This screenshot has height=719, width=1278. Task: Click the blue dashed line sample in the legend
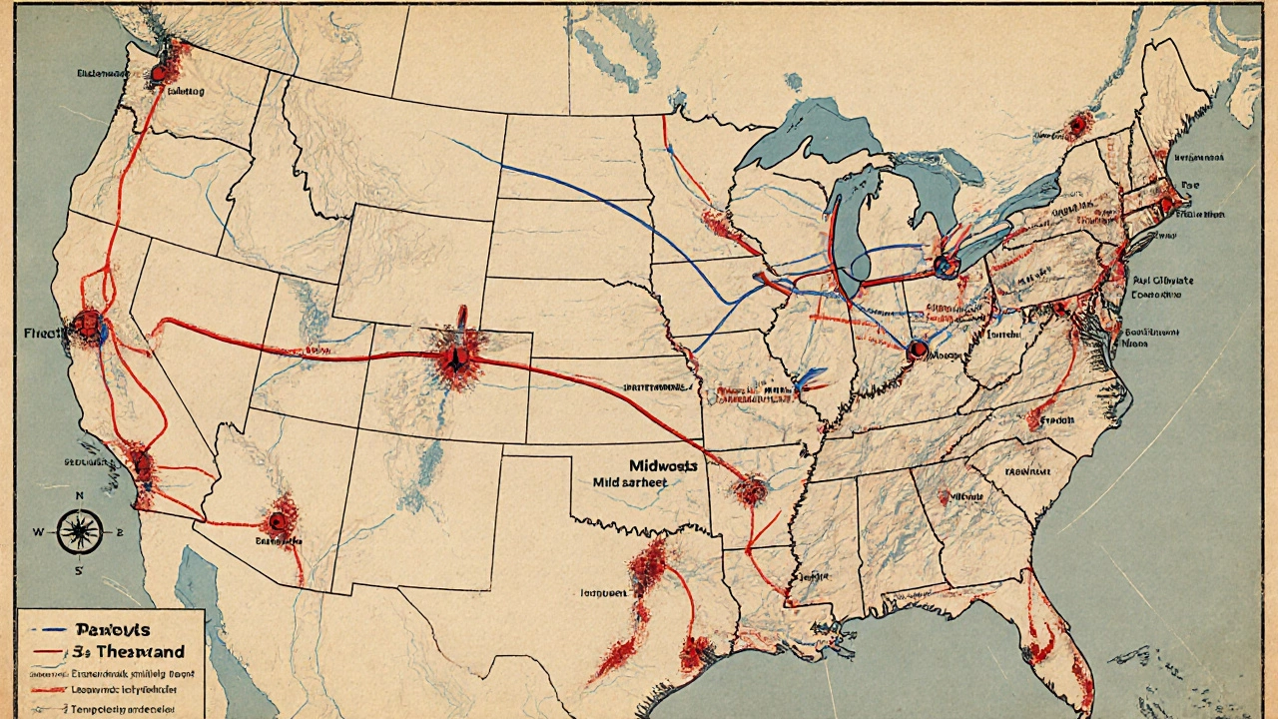point(46,631)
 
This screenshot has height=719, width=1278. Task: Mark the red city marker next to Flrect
point(88,325)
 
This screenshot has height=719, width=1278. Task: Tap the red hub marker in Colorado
point(453,356)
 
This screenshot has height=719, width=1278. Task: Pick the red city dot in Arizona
point(279,519)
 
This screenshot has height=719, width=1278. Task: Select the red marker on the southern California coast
point(141,464)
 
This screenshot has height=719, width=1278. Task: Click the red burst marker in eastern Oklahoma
point(750,489)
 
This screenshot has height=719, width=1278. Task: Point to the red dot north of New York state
point(1077,126)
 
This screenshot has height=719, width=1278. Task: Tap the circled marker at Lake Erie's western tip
point(947,266)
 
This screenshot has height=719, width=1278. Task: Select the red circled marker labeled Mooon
point(918,350)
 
